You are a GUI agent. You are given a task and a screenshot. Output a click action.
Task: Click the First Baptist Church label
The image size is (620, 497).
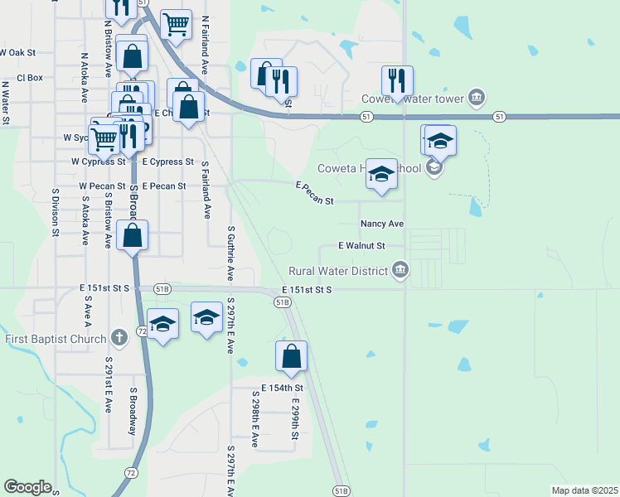coord(56,338)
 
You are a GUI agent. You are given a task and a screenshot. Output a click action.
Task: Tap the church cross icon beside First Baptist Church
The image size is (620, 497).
coord(119,338)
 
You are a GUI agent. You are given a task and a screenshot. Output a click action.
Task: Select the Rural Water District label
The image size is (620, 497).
coord(338,270)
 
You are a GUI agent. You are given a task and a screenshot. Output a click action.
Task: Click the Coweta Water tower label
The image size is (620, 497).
coord(411,99)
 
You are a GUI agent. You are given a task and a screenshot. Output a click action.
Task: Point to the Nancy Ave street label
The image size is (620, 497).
coord(381,224)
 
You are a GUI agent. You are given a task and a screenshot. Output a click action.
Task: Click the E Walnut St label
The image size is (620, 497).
coord(362,246)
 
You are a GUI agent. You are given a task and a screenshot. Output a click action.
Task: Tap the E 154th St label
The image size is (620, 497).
coord(283,388)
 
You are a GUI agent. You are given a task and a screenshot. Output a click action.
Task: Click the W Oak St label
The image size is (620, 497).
coord(18,51)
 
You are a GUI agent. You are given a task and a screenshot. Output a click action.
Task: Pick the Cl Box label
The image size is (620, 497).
coord(29,78)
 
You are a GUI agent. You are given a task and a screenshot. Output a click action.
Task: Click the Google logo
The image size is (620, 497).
coord(27,486)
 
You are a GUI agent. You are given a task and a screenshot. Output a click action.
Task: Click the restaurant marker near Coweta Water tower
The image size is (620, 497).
coord(397,81)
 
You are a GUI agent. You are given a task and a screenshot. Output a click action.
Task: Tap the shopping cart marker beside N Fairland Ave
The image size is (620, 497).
coord(176,25)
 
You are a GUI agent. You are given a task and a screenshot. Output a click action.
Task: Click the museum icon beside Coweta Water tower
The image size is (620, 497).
coord(477,99)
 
